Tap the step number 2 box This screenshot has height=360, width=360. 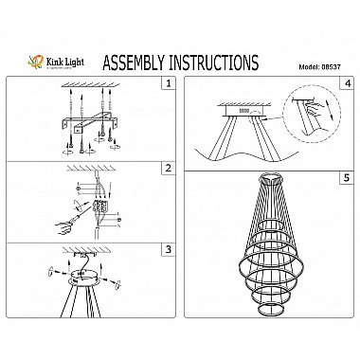(x=168, y=168)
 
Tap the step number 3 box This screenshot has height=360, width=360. (x=168, y=249)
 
